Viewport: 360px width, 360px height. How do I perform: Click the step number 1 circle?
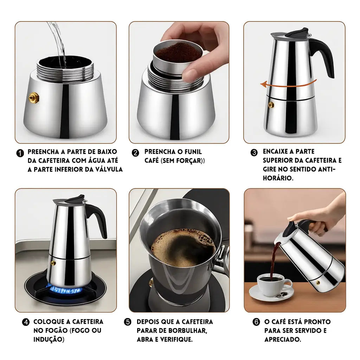pos(20,153)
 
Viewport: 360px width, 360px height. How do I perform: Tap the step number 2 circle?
pos(135,153)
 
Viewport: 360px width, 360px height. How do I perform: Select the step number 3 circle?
pos(254,153)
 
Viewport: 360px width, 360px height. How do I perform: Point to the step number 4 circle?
pos(26,322)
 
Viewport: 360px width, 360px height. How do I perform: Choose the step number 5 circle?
pos(128,322)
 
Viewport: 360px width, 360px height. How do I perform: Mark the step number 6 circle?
pos(256,322)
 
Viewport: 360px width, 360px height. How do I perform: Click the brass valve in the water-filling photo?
pos(34,98)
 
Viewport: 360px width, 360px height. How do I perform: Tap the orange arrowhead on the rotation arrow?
pos(263,84)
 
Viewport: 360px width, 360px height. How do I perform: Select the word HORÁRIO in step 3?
pos(278,178)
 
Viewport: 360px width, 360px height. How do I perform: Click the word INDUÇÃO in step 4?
pos(49,339)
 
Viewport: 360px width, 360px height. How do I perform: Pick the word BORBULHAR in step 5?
pos(188,330)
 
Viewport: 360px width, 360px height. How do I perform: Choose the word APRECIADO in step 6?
pos(283,339)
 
